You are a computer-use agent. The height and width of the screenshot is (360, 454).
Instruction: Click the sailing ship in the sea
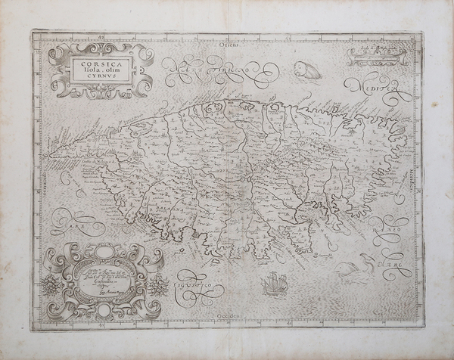click(x=272, y=284)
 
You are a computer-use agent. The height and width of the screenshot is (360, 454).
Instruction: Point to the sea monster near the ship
click(x=355, y=268)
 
